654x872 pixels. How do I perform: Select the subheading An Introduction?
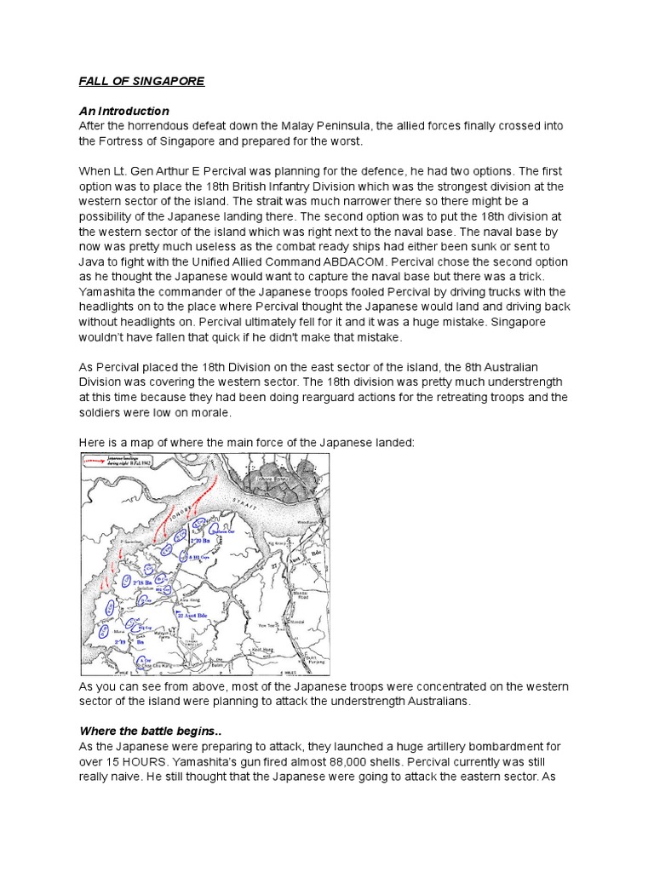123,111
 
